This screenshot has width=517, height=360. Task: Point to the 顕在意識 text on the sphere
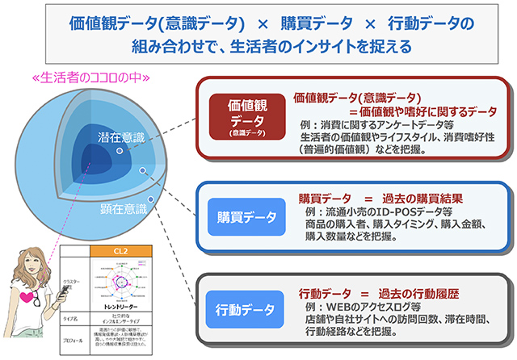123,210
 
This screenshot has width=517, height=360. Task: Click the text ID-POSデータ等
399,211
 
